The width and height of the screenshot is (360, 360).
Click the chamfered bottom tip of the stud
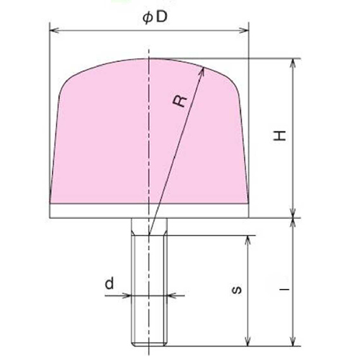click(149, 338)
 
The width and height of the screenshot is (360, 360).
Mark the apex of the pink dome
click(149, 58)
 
